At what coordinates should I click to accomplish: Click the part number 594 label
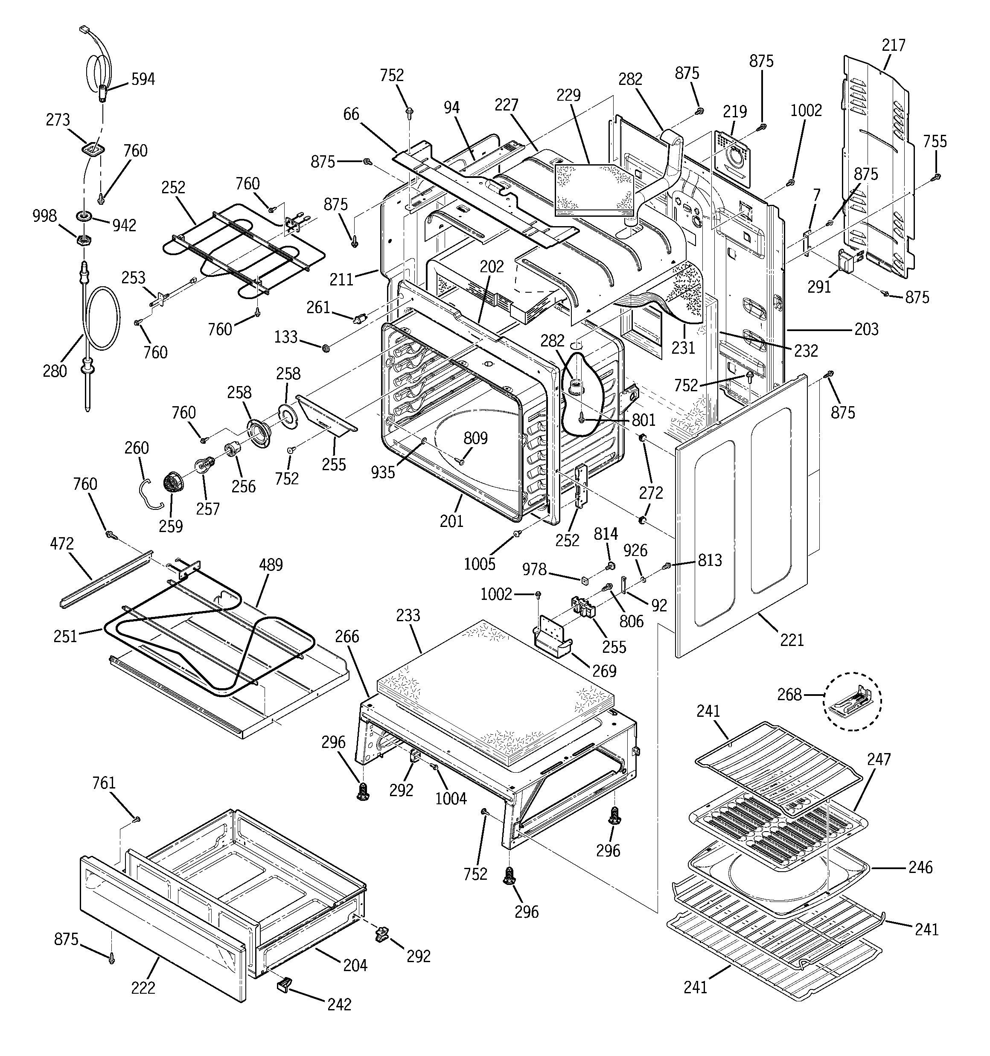click(143, 79)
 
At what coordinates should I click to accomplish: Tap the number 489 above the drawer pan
click(271, 564)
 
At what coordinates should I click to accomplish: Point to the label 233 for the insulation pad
click(408, 616)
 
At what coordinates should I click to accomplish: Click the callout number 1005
click(479, 564)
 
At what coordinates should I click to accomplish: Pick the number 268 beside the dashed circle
click(789, 694)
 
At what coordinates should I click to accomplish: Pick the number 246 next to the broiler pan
click(920, 867)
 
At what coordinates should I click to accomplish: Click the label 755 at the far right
click(934, 142)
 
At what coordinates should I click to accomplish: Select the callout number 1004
click(450, 798)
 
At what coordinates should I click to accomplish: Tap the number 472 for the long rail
click(61, 544)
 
